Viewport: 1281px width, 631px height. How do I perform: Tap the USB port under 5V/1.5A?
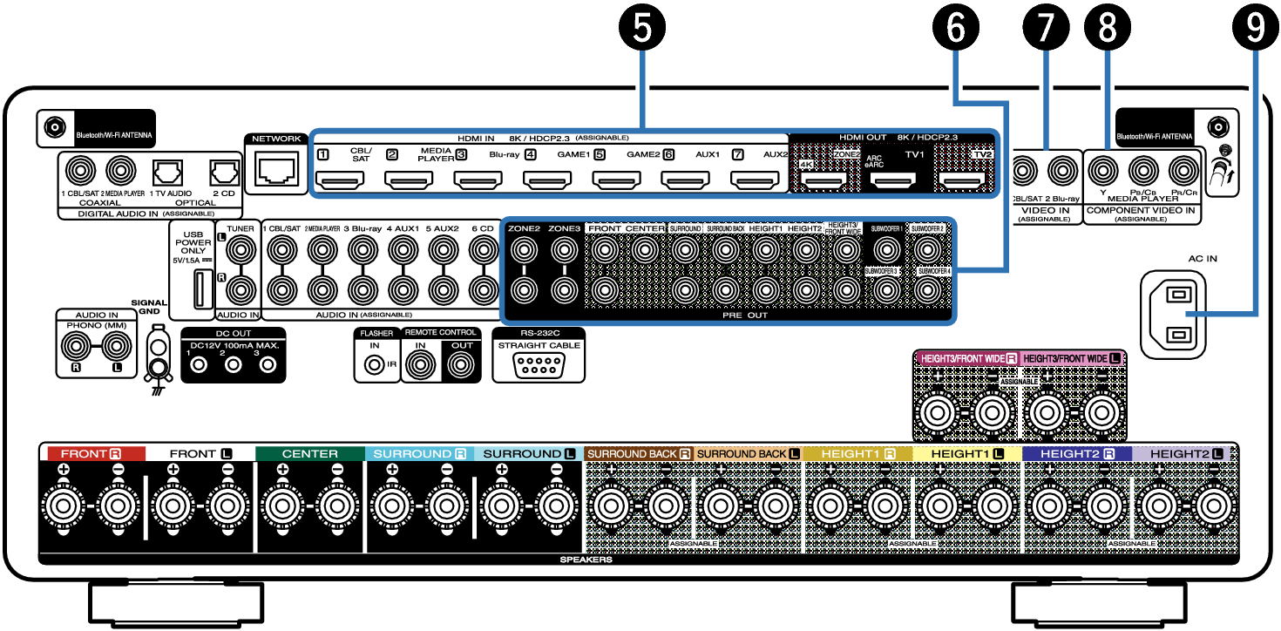pos(200,288)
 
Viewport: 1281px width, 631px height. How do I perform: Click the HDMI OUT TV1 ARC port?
pos(893,181)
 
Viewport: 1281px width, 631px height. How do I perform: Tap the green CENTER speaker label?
pos(309,454)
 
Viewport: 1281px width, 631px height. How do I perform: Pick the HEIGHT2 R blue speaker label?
pos(1076,454)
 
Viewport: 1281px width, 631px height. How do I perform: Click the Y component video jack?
pos(1103,168)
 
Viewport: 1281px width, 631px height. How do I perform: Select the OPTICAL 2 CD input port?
pos(225,169)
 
